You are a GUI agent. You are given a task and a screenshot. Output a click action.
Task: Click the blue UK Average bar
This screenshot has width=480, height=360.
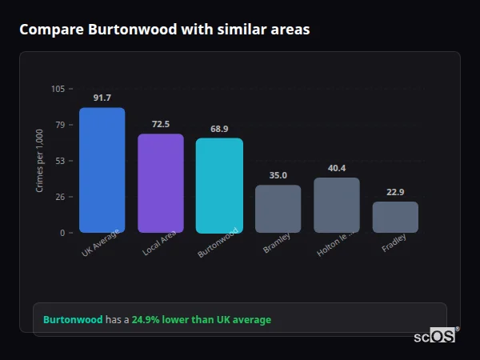(102, 170)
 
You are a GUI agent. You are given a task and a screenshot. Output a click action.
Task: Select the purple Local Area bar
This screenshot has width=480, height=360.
(160, 183)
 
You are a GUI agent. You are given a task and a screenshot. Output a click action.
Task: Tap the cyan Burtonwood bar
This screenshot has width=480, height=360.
(219, 186)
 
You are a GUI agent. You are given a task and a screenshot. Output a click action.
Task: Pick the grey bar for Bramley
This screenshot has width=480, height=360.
(278, 209)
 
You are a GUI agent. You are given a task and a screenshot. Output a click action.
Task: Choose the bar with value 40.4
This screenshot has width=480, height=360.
(337, 205)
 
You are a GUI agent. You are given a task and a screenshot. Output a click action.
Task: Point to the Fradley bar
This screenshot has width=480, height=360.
(395, 217)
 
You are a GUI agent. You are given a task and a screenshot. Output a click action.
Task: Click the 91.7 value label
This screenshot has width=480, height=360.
(102, 98)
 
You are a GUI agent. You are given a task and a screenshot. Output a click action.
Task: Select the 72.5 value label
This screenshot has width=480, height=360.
(161, 125)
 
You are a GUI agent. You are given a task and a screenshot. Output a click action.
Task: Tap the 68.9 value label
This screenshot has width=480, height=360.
(219, 129)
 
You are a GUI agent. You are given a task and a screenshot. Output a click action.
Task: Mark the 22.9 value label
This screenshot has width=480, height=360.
(395, 192)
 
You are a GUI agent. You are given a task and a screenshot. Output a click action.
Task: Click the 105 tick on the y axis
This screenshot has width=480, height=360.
(58, 89)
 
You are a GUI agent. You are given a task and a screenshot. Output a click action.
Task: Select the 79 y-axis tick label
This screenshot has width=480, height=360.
(60, 125)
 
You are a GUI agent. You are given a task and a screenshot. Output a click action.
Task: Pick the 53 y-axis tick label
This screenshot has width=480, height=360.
(60, 161)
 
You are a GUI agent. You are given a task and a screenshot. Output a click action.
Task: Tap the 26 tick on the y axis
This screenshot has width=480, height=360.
(60, 197)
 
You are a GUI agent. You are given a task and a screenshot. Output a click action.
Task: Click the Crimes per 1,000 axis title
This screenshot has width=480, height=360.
(40, 161)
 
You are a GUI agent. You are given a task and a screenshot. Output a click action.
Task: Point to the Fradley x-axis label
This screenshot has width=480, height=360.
(394, 243)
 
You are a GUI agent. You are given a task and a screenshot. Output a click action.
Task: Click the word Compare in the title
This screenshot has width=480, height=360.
(50, 30)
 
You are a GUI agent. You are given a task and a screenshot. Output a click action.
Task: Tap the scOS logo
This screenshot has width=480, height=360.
(434, 336)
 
